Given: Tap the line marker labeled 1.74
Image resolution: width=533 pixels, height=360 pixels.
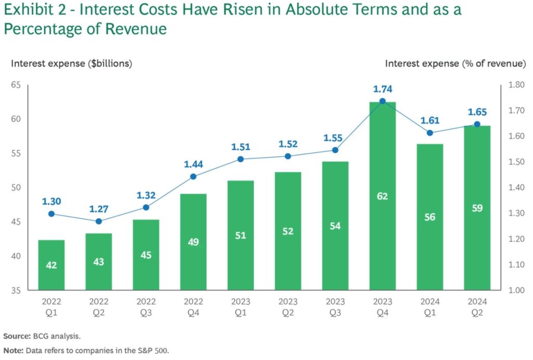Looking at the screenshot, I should [x=383, y=101].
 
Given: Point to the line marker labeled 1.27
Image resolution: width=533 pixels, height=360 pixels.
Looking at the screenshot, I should [x=99, y=221].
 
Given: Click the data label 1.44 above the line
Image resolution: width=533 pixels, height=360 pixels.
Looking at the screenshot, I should [x=193, y=164].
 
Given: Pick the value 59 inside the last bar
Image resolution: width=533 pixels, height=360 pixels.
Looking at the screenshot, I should [x=477, y=208].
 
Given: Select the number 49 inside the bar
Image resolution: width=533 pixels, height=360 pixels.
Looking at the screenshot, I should [x=193, y=242].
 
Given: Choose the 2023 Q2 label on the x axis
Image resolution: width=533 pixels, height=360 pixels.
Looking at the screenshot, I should [x=288, y=307].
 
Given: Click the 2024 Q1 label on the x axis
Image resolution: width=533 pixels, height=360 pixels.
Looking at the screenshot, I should [x=429, y=307].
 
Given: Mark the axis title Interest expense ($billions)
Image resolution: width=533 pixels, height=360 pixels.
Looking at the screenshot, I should [x=71, y=64].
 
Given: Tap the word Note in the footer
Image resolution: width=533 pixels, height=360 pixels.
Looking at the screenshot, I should [x=14, y=351].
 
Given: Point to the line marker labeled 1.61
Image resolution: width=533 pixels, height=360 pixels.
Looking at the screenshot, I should [x=429, y=133].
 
